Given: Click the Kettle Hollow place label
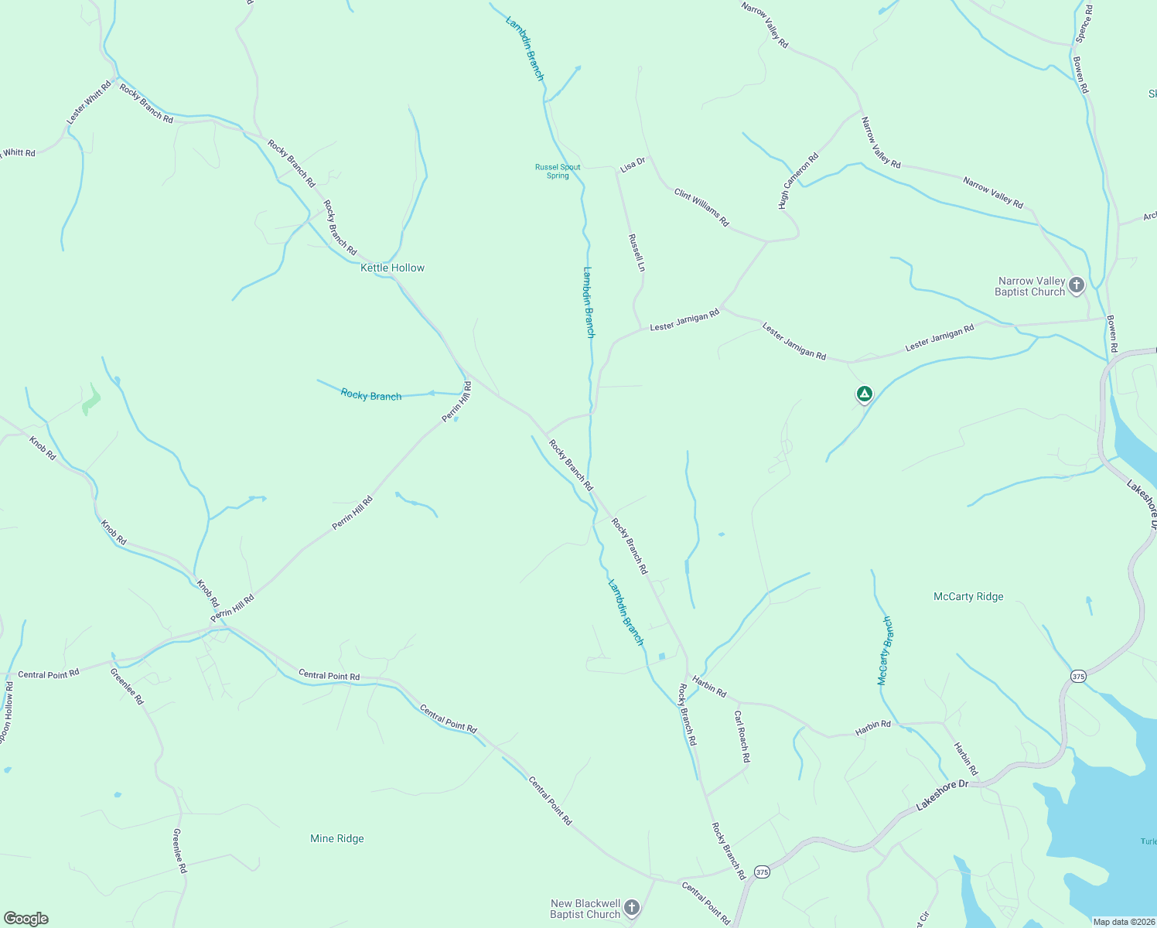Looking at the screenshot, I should (x=392, y=268).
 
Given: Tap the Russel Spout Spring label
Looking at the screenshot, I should (x=558, y=171).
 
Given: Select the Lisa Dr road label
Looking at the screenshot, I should (x=633, y=165).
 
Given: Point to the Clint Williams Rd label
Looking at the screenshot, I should (x=701, y=207).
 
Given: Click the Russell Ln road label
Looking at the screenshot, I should (x=637, y=253).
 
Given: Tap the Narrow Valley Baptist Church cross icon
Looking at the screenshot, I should (x=1076, y=286).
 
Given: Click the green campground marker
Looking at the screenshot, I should (x=865, y=394).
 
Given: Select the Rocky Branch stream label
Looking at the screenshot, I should (x=371, y=395).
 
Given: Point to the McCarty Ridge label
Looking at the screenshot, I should (x=968, y=596).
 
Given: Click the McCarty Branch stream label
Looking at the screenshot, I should (x=886, y=650).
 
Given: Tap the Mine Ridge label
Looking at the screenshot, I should (x=336, y=838).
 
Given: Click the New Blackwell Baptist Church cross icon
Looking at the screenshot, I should (x=632, y=908).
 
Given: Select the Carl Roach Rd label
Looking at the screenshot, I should (x=742, y=736).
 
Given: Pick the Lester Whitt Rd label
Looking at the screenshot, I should (x=89, y=101).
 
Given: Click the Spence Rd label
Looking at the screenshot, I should (x=1084, y=23).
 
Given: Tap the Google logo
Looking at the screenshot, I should (x=26, y=919).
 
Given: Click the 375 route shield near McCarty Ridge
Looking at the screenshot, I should (x=1078, y=677).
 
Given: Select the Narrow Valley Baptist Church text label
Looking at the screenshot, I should (x=1030, y=286).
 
